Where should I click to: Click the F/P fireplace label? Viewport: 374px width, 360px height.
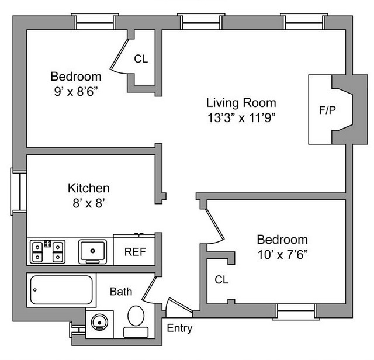pyautogui.click(x=327, y=110)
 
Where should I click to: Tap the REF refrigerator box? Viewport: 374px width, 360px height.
pyautogui.click(x=134, y=252)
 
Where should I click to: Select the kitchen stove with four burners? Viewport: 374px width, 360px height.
pyautogui.click(x=48, y=252)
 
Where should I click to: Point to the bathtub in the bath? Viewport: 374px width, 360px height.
pyautogui.click(x=61, y=290)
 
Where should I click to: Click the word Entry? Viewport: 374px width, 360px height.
pyautogui.click(x=179, y=328)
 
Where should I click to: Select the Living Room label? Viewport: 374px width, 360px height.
pyautogui.click(x=241, y=103)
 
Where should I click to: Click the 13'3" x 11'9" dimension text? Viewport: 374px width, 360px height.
pyautogui.click(x=241, y=117)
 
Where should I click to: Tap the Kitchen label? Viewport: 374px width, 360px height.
pyautogui.click(x=89, y=188)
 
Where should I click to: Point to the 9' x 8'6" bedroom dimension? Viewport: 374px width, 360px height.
pyautogui.click(x=76, y=91)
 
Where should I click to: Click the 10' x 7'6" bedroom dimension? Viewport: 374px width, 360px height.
pyautogui.click(x=282, y=254)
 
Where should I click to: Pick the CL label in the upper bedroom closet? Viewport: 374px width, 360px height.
pyautogui.click(x=141, y=58)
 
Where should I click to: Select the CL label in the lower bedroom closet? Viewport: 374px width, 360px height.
pyautogui.click(x=221, y=280)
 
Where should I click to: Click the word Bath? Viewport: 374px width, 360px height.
pyautogui.click(x=121, y=291)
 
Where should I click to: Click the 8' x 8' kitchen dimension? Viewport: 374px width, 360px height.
pyautogui.click(x=89, y=203)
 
